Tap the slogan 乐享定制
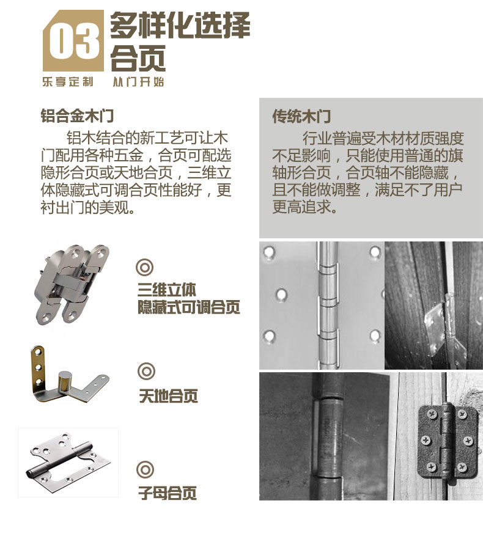coord(67,82)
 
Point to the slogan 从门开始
coord(138,82)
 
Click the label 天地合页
coord(168,396)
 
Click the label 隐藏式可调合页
coord(189,307)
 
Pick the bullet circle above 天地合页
coord(146,371)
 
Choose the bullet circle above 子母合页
coord(145,469)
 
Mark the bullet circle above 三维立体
coord(145,266)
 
